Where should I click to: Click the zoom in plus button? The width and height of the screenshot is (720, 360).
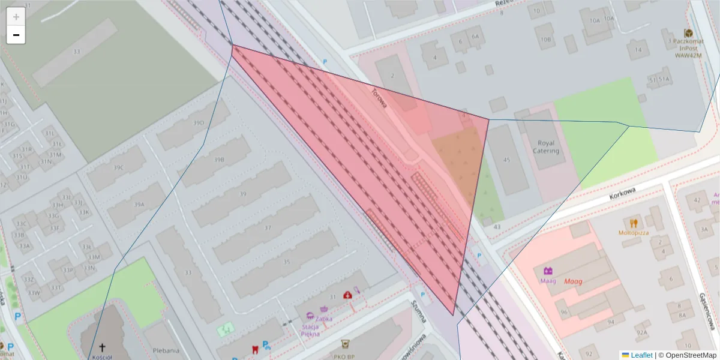click(x=16, y=17)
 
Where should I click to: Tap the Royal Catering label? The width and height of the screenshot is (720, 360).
click(x=546, y=147)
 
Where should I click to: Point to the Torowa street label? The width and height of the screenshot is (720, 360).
click(x=379, y=99)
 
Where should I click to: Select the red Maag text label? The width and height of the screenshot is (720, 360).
click(x=573, y=281)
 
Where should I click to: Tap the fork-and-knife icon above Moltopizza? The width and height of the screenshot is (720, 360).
click(x=634, y=223)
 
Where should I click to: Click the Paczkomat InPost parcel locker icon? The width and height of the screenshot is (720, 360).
click(x=688, y=34)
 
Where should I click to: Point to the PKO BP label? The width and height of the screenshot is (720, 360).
click(x=345, y=355)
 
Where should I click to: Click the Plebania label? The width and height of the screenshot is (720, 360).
click(x=166, y=350)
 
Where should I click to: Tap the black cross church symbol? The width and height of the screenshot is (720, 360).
click(x=102, y=347)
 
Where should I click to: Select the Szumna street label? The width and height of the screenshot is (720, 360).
click(x=418, y=311)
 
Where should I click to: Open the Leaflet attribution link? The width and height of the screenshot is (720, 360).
click(x=641, y=355)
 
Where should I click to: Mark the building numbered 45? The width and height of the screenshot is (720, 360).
click(x=506, y=160)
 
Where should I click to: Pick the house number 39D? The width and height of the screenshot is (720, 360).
click(x=199, y=123)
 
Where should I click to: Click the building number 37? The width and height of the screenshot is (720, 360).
click(x=268, y=228)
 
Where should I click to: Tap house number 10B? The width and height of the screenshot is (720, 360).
click(x=545, y=40)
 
